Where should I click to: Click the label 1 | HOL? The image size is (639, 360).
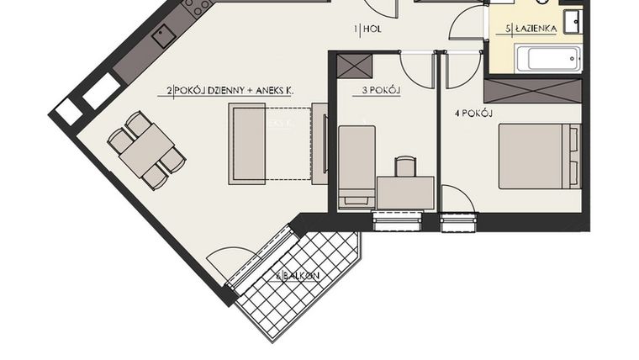pyautogui.click(x=367, y=29)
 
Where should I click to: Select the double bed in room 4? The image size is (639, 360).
pyautogui.click(x=538, y=156)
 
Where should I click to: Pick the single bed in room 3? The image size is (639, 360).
pyautogui.click(x=356, y=164)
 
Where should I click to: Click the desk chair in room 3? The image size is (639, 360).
pyautogui.click(x=405, y=166)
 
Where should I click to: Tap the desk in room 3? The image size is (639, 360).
pyautogui.click(x=405, y=193)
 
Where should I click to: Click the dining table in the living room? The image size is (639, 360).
pyautogui.click(x=145, y=150)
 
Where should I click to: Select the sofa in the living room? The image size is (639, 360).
pyautogui.click(x=247, y=143)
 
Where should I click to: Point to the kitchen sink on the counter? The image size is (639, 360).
pyautogui.click(x=163, y=35)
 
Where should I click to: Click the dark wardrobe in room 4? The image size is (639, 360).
pyautogui.click(x=533, y=91)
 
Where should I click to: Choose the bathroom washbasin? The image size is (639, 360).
pyautogui.click(x=573, y=20)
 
